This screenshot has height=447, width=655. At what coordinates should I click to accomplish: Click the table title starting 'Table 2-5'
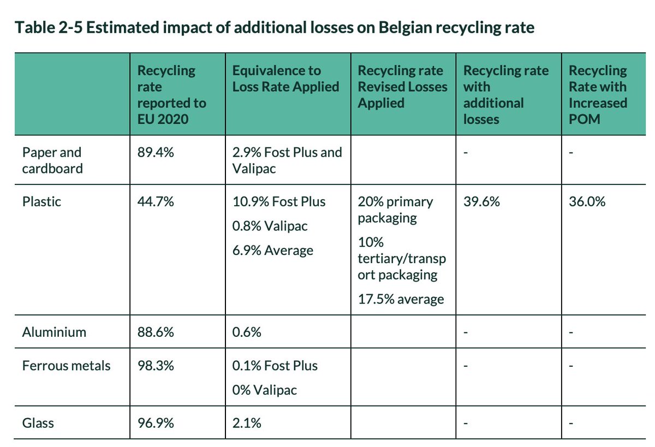[x=275, y=28]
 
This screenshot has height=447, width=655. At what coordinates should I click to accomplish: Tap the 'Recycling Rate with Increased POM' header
[x=598, y=94]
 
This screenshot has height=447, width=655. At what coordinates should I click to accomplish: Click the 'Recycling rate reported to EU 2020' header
[x=171, y=94]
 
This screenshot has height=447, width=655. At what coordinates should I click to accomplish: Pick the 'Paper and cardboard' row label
[x=52, y=160]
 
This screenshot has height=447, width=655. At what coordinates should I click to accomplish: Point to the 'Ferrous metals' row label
[x=66, y=365]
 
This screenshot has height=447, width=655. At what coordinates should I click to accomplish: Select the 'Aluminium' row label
[x=54, y=332]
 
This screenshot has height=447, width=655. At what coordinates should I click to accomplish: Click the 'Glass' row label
[x=38, y=422]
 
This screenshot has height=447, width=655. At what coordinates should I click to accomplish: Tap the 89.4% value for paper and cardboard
[x=156, y=152]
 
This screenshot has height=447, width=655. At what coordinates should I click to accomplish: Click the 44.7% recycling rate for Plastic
[x=156, y=201]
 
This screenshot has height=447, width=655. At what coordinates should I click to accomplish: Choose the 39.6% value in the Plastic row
[x=481, y=201]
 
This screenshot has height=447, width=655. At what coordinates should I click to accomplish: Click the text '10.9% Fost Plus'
[x=279, y=201]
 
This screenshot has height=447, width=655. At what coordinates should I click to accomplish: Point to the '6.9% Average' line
[x=273, y=251]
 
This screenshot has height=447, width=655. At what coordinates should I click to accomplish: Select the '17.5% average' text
[x=401, y=299]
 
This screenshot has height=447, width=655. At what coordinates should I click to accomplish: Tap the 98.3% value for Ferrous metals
[x=156, y=365]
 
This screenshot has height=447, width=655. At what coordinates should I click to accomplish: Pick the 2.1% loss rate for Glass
[x=247, y=422]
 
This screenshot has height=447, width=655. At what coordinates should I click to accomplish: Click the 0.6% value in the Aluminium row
[x=247, y=332]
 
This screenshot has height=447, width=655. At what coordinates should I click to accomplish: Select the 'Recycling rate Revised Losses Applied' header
[x=402, y=87]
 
